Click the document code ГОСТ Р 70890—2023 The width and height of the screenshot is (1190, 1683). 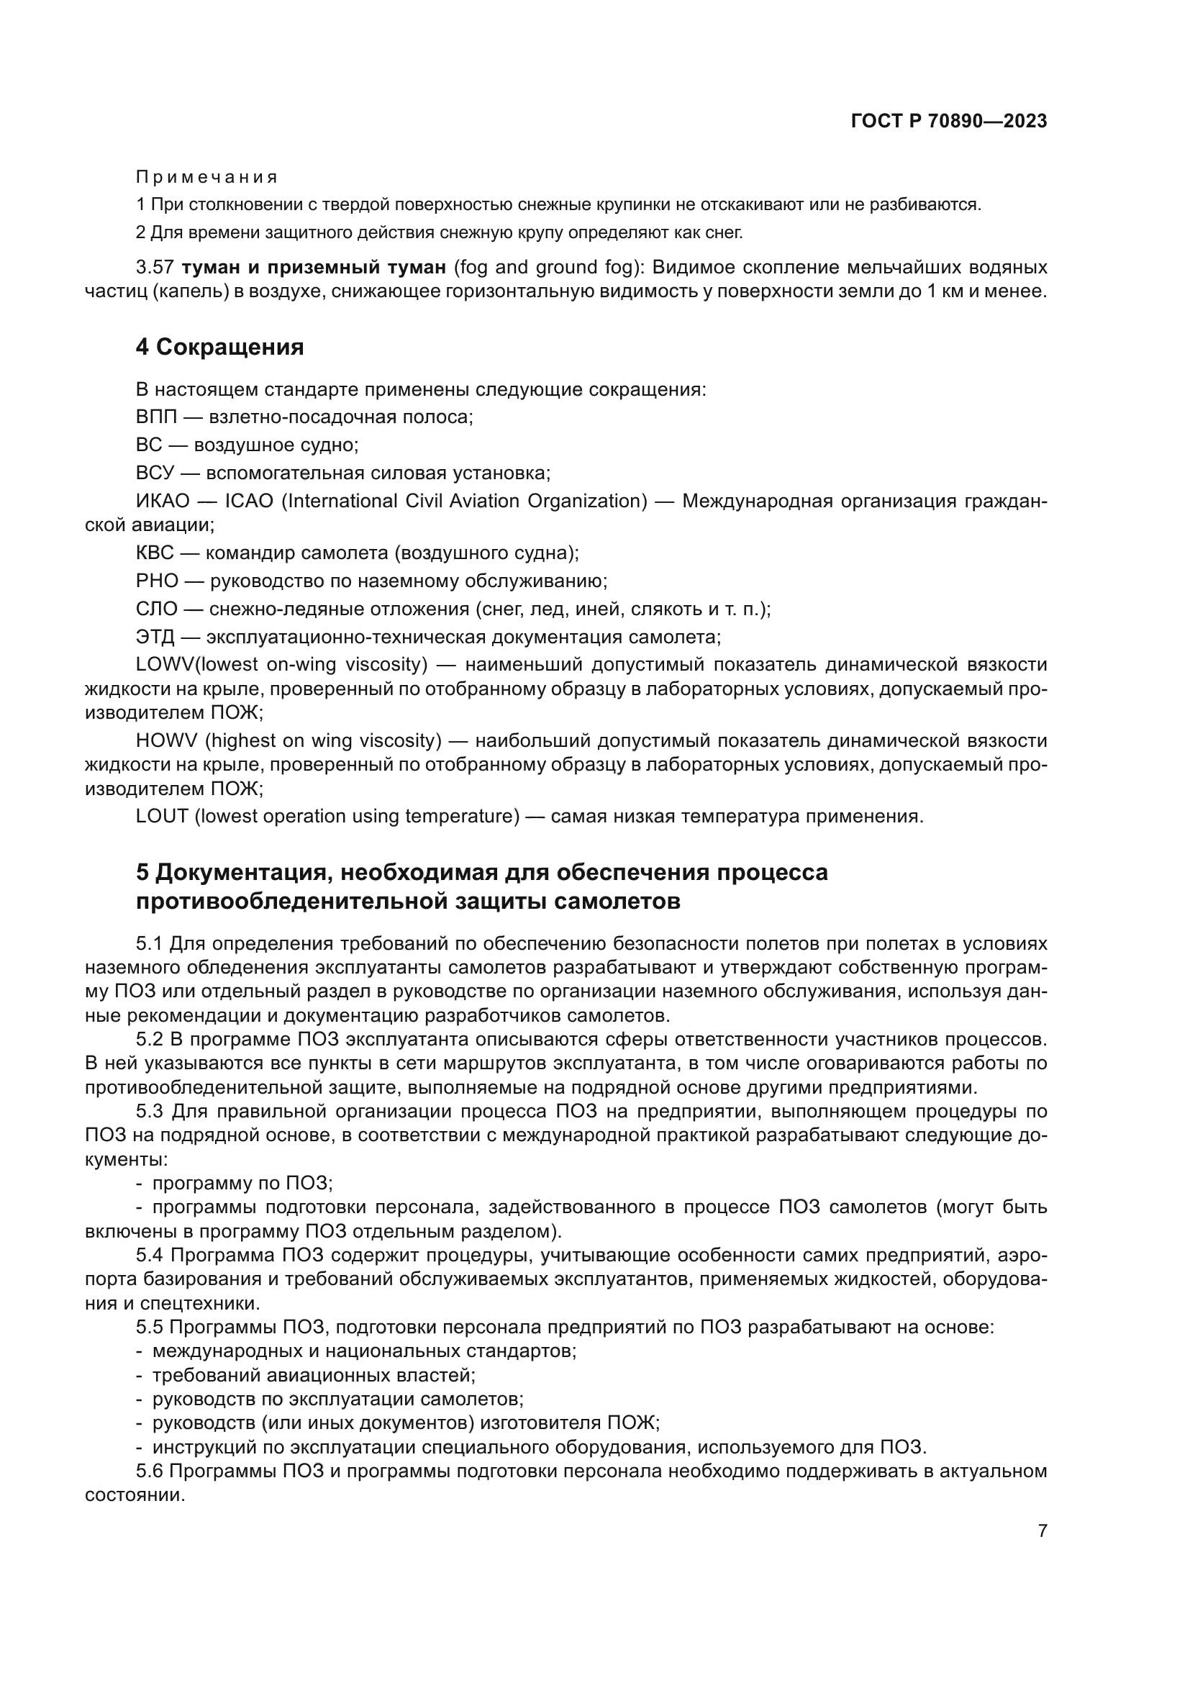click(x=948, y=121)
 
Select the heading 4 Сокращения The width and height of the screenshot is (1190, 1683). click(x=220, y=347)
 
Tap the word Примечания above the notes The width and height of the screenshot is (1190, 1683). click(x=206, y=178)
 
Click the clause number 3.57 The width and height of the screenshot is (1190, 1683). click(x=154, y=267)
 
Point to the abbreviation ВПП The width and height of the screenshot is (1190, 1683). click(x=156, y=417)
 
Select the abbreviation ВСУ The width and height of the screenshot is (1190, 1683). click(x=155, y=473)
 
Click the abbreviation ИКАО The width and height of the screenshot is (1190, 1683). click(x=163, y=501)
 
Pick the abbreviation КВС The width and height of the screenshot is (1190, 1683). click(x=155, y=553)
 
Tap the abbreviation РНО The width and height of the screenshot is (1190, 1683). click(x=157, y=581)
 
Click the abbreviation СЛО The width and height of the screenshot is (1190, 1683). click(x=156, y=609)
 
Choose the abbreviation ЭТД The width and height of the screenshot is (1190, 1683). click(x=155, y=636)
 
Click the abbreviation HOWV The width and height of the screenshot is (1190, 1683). click(x=165, y=740)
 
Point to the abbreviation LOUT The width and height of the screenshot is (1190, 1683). click(x=162, y=816)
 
